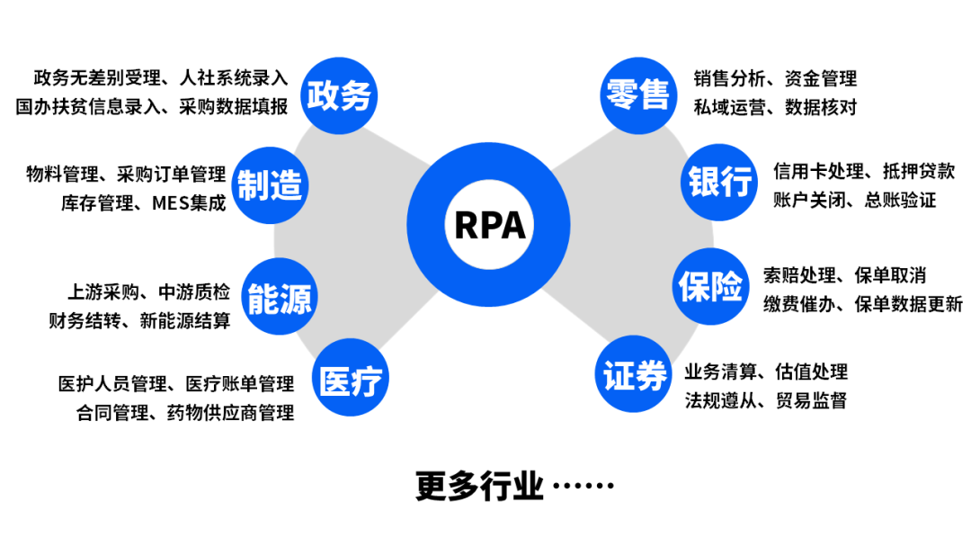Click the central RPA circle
pyautogui.click(x=489, y=224)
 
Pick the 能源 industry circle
pyautogui.click(x=280, y=298)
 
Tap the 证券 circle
pyautogui.click(x=635, y=373)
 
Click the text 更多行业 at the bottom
pyautogui.click(x=479, y=486)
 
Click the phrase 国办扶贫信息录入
pyautogui.click(x=88, y=106)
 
